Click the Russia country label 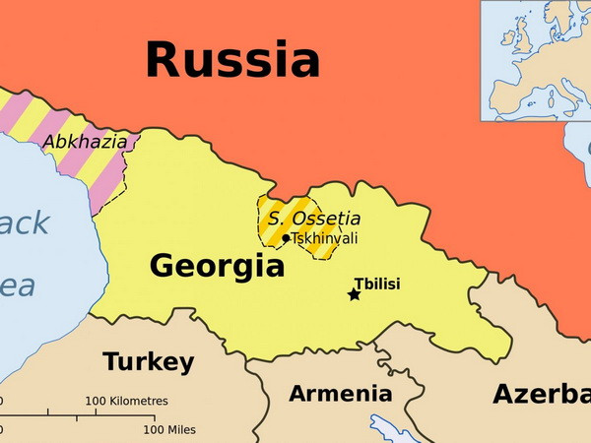click(x=232, y=59)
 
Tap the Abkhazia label click(x=85, y=142)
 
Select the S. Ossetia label click(x=314, y=219)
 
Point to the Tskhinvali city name click(x=324, y=238)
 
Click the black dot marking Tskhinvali click(x=286, y=238)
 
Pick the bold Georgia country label click(x=217, y=266)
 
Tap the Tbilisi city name click(x=377, y=284)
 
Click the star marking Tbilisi click(x=355, y=294)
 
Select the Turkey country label click(x=149, y=362)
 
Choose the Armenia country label click(x=340, y=394)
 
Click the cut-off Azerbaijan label click(x=541, y=394)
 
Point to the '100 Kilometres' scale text click(x=126, y=402)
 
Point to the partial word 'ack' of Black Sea click(x=22, y=223)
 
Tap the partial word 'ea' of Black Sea click(x=17, y=285)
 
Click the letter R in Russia click(x=164, y=59)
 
